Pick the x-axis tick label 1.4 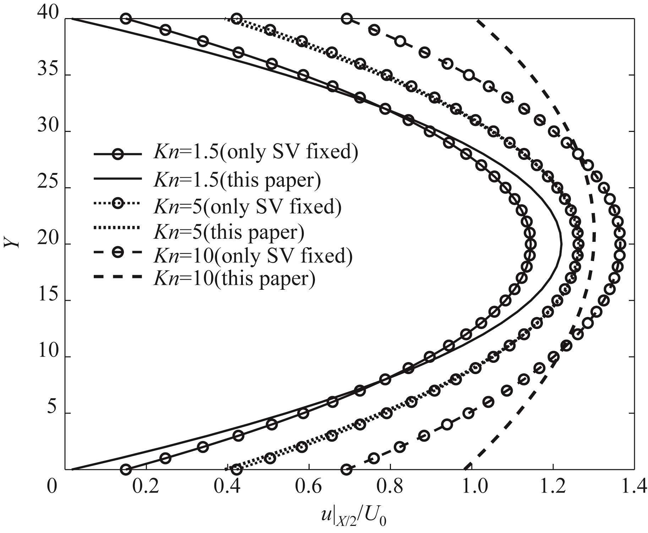[x=633, y=487]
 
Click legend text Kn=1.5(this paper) [x=237, y=180]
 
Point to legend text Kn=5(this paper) [x=229, y=232]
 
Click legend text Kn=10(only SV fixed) [x=253, y=255]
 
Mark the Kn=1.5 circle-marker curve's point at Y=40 [x=126, y=19]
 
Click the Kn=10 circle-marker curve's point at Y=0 [x=347, y=470]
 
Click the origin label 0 [x=52, y=487]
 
